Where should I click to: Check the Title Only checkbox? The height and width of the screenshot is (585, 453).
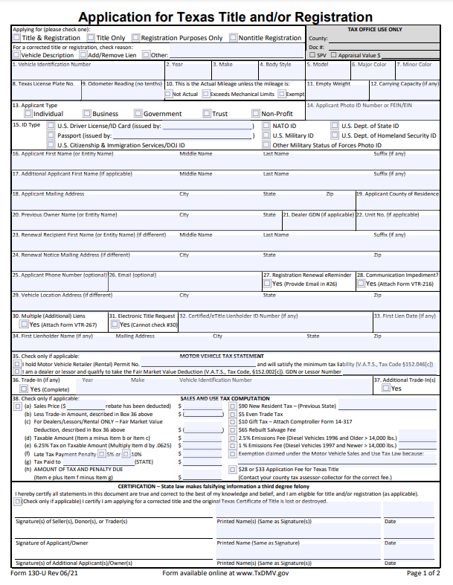[91, 38]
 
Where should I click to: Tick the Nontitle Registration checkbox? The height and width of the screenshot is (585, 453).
[233, 38]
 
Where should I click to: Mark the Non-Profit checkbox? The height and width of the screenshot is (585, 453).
[255, 114]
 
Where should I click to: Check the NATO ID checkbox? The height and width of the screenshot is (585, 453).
[267, 127]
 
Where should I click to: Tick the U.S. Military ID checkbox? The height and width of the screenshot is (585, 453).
[267, 136]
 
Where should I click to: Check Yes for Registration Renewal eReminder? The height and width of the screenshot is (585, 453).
[267, 284]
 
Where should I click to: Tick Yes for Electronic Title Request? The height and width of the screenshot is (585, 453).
[115, 325]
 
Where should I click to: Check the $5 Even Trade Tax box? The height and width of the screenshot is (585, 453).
[233, 414]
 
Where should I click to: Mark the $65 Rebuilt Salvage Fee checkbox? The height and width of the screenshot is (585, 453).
[233, 430]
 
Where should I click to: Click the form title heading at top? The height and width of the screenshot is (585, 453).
[225, 16]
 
